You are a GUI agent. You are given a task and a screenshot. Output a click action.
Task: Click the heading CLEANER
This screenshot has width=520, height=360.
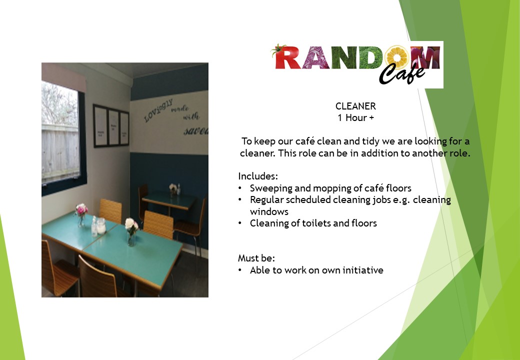tap(355, 106)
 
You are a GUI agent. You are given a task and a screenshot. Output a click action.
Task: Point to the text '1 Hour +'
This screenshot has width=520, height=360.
tap(355, 118)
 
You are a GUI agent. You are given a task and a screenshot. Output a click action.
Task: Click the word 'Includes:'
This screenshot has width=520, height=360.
tap(258, 176)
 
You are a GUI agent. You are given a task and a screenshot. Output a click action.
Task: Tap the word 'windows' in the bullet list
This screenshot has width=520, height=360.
tap(269, 211)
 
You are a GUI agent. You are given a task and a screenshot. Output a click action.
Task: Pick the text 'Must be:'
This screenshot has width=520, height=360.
tap(256, 258)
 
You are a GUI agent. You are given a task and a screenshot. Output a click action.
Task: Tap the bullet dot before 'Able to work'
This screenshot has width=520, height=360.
tap(240, 270)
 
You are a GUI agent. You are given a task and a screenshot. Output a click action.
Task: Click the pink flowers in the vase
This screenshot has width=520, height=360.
tap(81, 209)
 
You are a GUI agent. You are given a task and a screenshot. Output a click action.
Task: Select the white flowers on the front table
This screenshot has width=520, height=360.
tap(131, 225)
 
